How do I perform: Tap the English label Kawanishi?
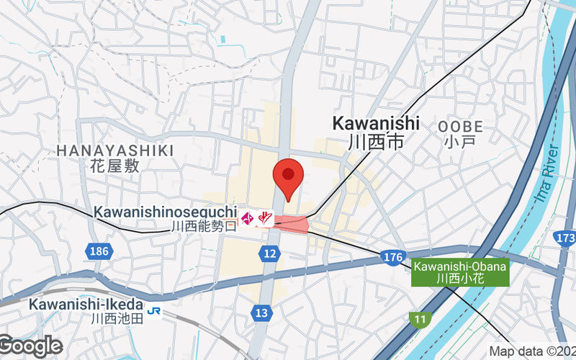coord(376,123)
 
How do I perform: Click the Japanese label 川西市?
coord(376,142)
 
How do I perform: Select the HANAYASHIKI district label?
coord(115,150)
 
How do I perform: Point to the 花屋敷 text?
coord(115,166)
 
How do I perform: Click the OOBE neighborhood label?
coord(460,127)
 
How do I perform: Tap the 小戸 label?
coord(460,142)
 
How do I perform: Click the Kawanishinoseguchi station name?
coord(165,212)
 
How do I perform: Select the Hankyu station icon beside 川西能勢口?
coord(256,217)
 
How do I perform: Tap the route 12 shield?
coord(270,253)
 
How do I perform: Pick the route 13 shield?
coord(261,312)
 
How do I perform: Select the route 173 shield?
coord(566,238)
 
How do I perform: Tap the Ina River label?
coord(546,177)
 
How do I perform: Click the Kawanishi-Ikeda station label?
coord(86,304)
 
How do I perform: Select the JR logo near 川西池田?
coord(153,311)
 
